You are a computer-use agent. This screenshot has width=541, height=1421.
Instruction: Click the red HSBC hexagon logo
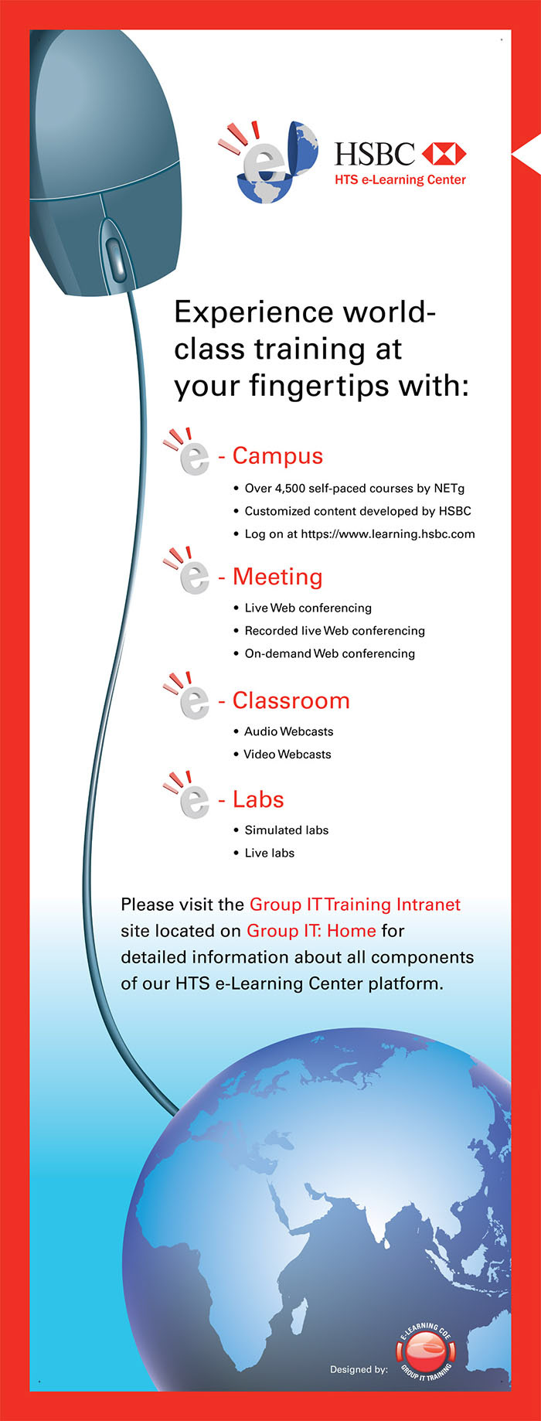point(444,154)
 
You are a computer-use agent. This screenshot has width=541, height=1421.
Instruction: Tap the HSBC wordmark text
point(375,155)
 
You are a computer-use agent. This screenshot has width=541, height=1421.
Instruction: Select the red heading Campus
point(277,456)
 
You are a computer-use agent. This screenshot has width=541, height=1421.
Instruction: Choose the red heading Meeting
point(277,577)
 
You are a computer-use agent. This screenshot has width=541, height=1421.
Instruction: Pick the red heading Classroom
point(291,700)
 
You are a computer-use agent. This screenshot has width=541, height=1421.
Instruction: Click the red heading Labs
point(258,799)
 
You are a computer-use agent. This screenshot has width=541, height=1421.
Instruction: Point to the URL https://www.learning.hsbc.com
point(388,533)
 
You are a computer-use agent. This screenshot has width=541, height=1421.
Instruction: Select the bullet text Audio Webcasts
point(289,731)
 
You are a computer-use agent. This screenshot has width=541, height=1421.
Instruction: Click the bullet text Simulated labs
point(287,830)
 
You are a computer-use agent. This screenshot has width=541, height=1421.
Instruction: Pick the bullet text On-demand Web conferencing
point(330,653)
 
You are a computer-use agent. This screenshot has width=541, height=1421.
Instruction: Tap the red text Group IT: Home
point(311,931)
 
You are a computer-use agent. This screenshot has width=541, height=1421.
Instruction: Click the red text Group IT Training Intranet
point(355,905)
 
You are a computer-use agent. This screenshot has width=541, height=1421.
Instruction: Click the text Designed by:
point(359,1369)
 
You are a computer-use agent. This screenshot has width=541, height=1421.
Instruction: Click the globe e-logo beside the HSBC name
point(267,162)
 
